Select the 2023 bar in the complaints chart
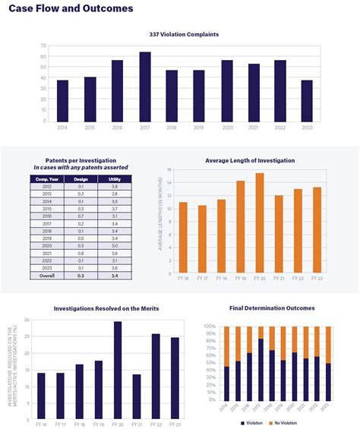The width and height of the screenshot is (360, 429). coord(306,100)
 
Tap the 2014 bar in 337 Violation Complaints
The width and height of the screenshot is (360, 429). coord(62,100)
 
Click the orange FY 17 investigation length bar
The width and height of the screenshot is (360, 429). coord(202,239)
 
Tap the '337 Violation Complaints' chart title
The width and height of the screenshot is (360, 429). coord(184,34)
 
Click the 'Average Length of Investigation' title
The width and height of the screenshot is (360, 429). coord(250,160)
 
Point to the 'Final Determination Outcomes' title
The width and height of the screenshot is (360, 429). coord(271,308)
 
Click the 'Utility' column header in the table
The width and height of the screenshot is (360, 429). coord(113,178)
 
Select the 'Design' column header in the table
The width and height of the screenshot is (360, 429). coord(80,178)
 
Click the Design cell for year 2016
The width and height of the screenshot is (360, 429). coord(80,216)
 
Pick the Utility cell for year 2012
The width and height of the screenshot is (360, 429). coord(113,186)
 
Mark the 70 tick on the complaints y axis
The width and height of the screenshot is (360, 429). coord(44,46)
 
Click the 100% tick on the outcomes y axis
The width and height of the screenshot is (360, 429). coord(210,326)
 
